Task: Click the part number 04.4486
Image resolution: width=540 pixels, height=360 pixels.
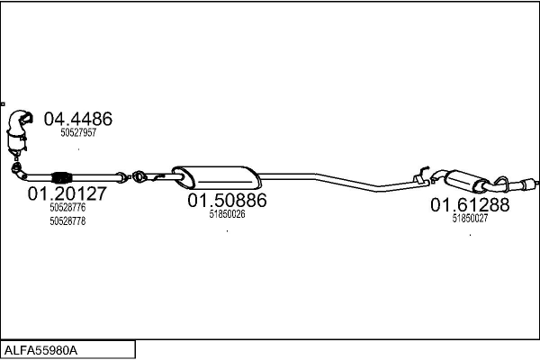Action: point(78,119)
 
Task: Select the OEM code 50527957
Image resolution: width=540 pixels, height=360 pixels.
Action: point(78,133)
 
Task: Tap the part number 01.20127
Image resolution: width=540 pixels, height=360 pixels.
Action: point(67,193)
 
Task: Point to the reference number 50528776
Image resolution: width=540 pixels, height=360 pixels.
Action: point(67,207)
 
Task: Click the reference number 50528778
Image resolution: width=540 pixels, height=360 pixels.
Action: point(67,220)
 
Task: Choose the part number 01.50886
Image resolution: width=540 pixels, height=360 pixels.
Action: point(227,201)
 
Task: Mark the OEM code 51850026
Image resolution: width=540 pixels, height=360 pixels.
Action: point(227,215)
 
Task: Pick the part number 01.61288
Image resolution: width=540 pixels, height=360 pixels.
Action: point(470,204)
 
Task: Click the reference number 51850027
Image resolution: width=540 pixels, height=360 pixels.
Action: point(470,219)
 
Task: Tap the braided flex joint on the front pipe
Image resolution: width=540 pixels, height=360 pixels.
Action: point(61,175)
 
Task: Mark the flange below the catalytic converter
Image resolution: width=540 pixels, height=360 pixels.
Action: point(15,166)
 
